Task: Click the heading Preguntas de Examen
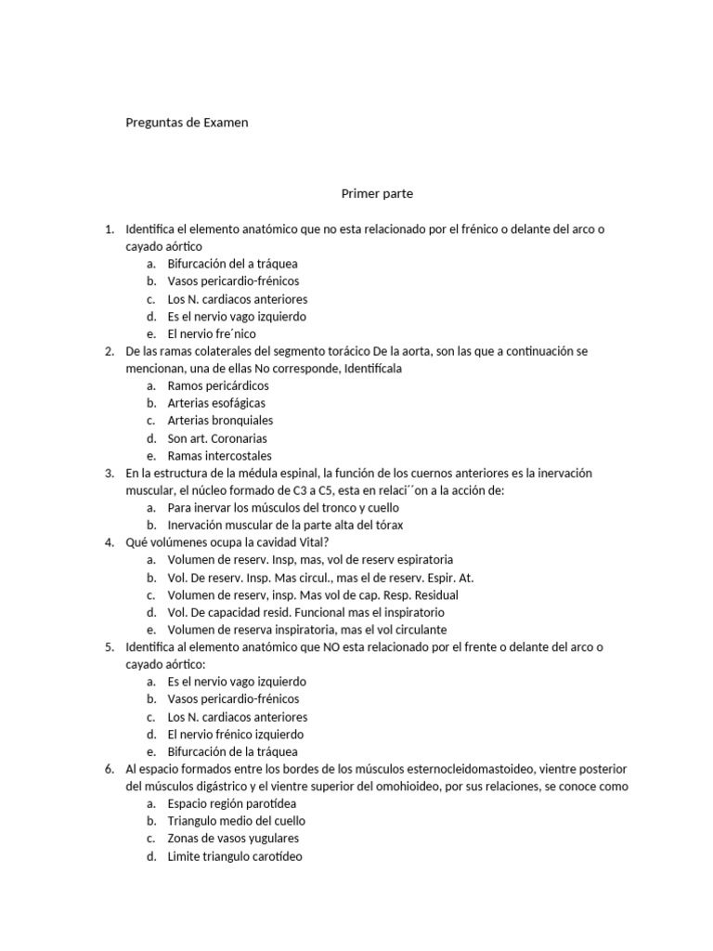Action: point(187,123)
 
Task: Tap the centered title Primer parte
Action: point(376,194)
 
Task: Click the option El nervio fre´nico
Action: point(212,333)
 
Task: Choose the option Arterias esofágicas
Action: point(216,403)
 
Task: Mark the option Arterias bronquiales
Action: point(220,421)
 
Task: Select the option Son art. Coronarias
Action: point(217,438)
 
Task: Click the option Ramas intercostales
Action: point(219,456)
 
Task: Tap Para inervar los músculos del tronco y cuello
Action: point(283,508)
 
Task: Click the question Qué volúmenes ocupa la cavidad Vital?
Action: point(227,542)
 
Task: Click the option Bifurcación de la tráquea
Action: point(232,752)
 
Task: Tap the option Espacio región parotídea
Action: point(230,804)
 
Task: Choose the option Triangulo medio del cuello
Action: point(236,822)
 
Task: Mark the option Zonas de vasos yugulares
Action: point(233,840)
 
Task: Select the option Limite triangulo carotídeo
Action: point(235,857)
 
